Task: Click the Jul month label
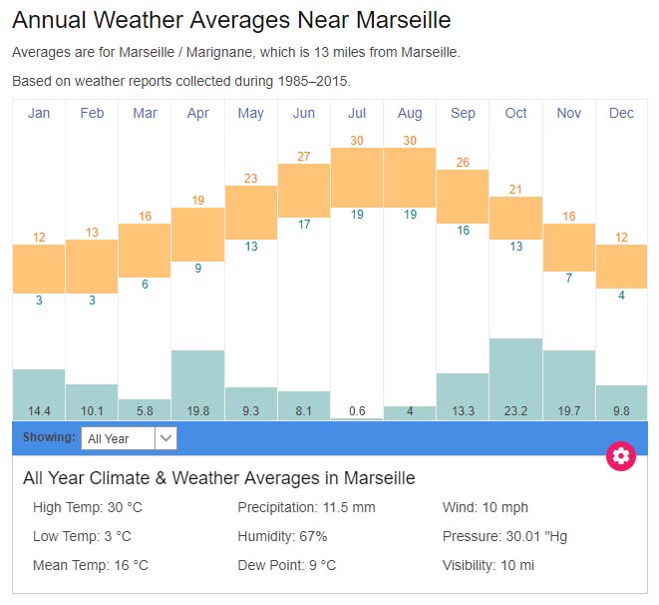357,113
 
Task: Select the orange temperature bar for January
39,270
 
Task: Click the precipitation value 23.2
515,409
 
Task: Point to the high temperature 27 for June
304,156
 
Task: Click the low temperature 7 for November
569,278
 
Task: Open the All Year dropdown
130,438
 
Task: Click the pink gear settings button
621,456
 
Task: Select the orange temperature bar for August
410,177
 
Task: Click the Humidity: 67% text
282,536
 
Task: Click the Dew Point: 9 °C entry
287,565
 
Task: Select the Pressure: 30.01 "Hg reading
504,536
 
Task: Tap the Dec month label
621,113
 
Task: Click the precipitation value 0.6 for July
357,409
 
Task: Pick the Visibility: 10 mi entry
489,565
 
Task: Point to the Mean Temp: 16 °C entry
91,565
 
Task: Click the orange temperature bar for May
251,212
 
